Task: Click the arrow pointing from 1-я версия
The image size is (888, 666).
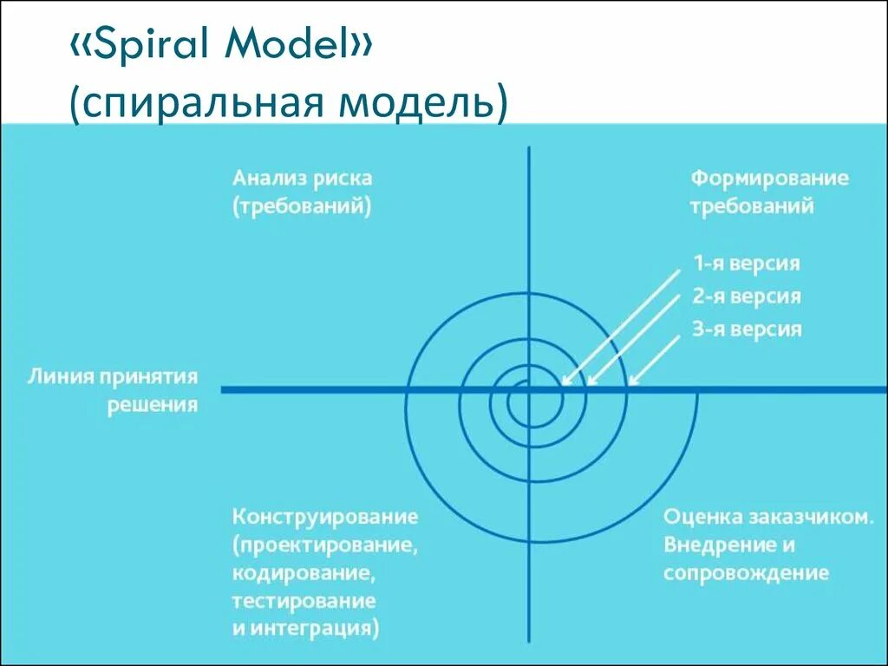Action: [621, 325]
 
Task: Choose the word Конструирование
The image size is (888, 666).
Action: [325, 517]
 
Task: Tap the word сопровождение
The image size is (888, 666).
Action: [746, 573]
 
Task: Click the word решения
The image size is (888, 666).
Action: [153, 405]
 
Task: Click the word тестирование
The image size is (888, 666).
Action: [304, 601]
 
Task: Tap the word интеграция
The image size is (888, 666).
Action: [320, 629]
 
